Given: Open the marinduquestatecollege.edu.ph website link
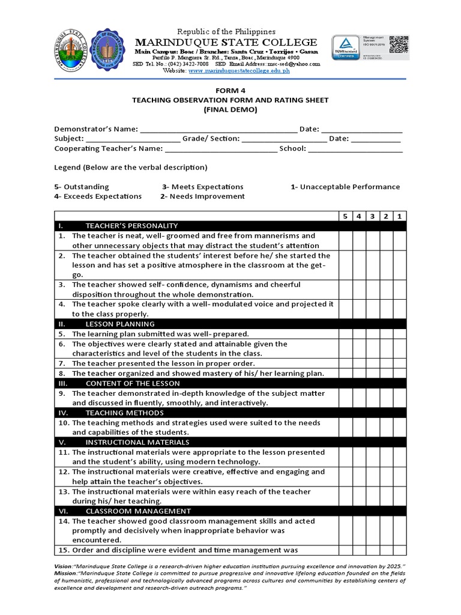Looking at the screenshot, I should coord(230,70).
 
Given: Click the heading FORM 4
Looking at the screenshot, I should coord(230,91).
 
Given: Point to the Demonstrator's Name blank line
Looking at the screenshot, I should coord(218,130).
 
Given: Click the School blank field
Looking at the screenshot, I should coord(355,149).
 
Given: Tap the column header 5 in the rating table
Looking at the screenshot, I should coord(345,216).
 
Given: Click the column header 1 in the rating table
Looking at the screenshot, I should coord(400,216).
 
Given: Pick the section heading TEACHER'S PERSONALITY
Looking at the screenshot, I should coord(131,226).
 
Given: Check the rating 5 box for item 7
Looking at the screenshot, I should coord(345,363).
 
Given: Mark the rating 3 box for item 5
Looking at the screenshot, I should coord(373,334).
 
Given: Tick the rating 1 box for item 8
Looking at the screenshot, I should coord(400,373).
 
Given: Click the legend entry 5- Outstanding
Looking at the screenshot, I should coord(82,187).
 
